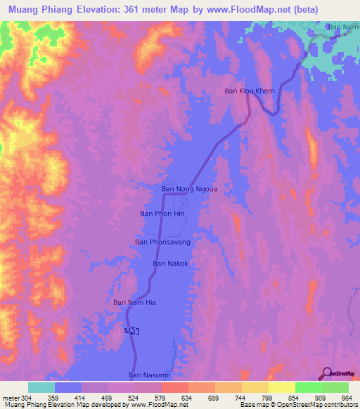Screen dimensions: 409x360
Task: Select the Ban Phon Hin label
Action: coord(162,214)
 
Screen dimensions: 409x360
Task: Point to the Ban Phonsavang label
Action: coord(163,242)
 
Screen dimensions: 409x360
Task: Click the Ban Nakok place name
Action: coord(171,264)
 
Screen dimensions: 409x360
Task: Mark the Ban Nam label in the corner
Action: coord(344,27)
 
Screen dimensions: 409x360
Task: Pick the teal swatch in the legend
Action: coord(41,387)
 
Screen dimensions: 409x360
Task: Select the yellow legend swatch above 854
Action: coord(281,387)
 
